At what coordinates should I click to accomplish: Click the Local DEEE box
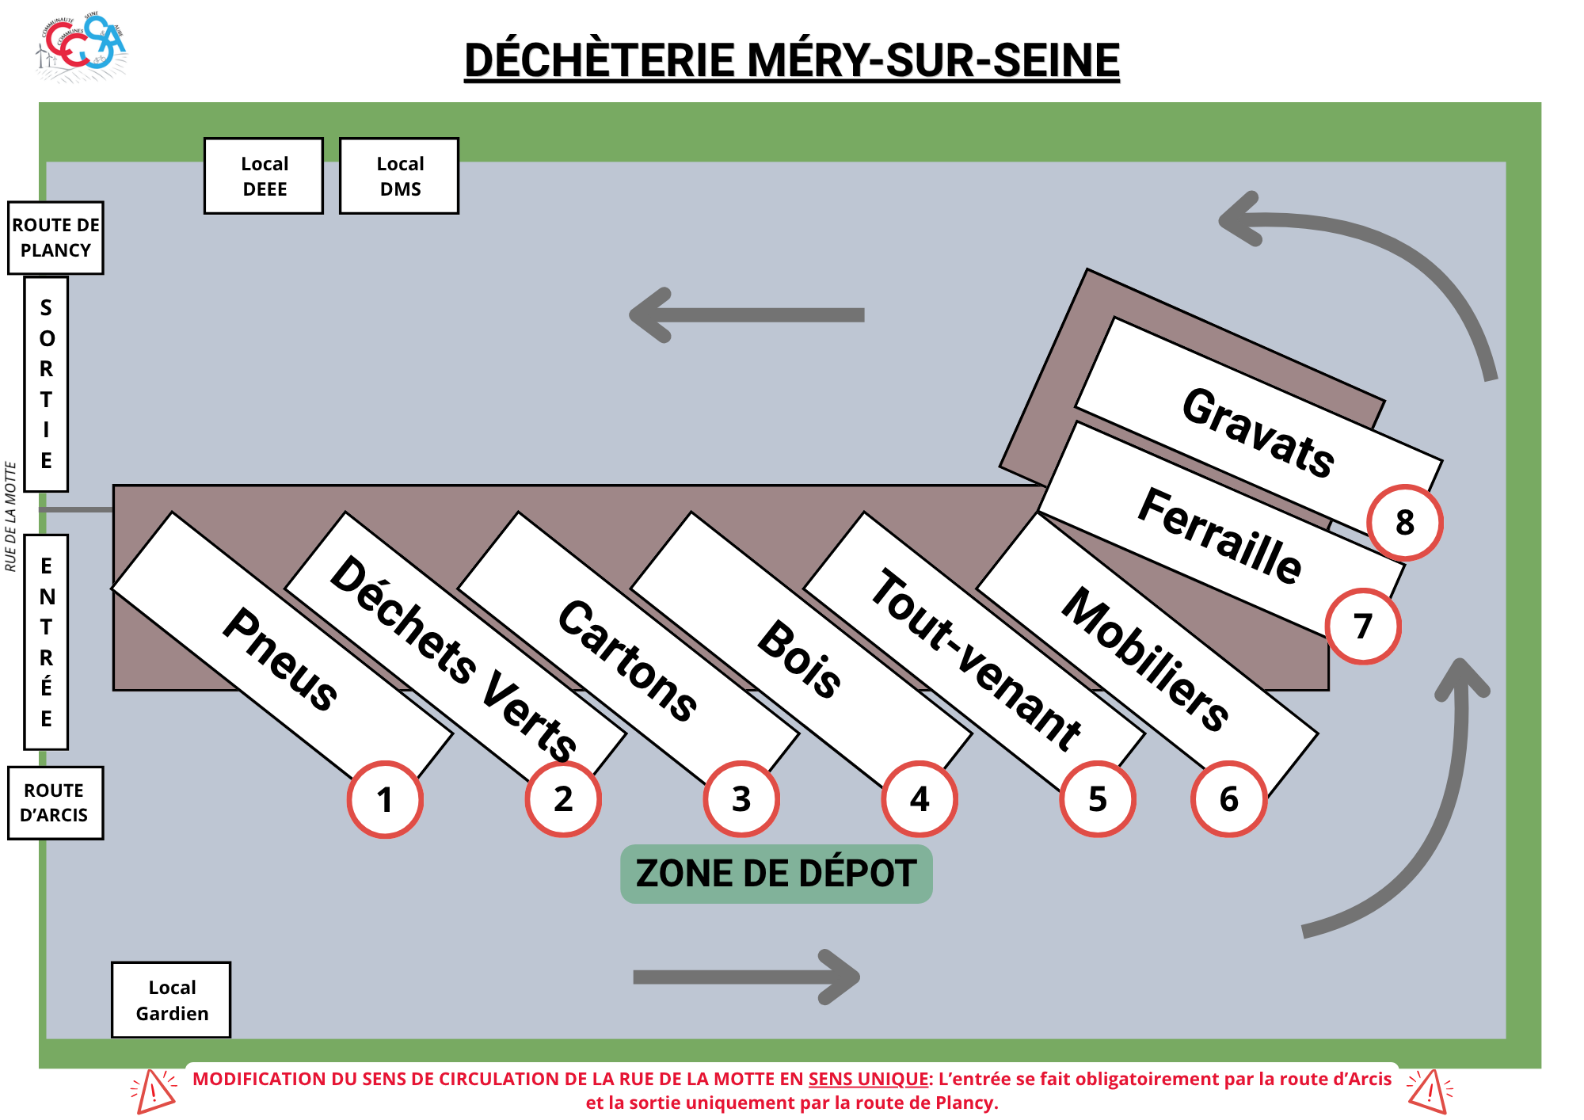[264, 176]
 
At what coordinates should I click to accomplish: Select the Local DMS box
[399, 176]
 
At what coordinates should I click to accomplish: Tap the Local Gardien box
[171, 1000]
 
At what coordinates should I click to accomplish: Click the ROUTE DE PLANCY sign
[55, 238]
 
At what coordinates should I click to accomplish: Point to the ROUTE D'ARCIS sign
[55, 802]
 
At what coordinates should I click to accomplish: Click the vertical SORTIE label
[46, 384]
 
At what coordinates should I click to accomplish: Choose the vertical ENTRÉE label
[46, 642]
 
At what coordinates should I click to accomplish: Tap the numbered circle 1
[385, 799]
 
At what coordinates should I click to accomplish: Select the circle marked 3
[741, 799]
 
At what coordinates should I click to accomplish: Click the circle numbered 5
[1098, 799]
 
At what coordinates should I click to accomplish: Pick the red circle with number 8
[1405, 523]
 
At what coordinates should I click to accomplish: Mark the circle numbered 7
[1363, 627]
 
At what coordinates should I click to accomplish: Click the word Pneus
[280, 659]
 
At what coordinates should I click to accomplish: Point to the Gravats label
[1258, 432]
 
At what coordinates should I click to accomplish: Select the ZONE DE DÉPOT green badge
[776, 874]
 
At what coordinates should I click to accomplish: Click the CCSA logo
[82, 46]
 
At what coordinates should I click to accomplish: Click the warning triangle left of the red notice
[154, 1091]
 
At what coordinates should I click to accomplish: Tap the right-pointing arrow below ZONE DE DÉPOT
[746, 977]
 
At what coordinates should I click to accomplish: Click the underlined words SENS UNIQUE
[868, 1079]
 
